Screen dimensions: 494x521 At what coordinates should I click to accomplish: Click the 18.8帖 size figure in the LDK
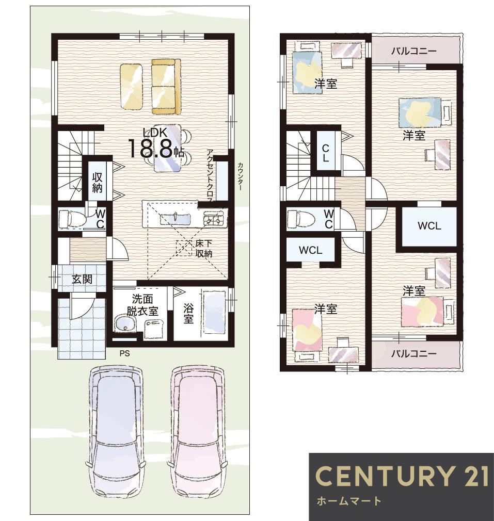(x=155, y=149)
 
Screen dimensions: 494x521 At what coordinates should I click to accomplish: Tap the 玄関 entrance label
(x=82, y=280)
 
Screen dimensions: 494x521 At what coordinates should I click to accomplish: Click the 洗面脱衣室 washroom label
(x=142, y=305)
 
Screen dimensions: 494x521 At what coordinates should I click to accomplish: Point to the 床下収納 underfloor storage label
(x=204, y=248)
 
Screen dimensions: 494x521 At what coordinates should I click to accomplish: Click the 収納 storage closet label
(x=97, y=182)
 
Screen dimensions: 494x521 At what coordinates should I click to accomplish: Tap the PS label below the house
(x=125, y=353)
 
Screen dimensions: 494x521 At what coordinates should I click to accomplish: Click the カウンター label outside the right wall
(x=240, y=176)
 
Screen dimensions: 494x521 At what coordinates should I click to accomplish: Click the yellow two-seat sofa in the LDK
(x=166, y=87)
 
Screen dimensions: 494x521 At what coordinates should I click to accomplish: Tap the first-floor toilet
(x=72, y=219)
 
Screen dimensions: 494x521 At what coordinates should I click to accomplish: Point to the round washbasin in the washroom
(x=125, y=323)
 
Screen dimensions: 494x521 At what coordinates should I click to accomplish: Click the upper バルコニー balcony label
(x=414, y=51)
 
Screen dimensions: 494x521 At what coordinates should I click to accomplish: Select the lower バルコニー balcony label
(x=414, y=353)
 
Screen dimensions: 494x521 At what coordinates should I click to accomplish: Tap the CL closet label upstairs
(x=325, y=153)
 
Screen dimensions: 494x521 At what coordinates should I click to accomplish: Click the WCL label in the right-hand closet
(x=429, y=226)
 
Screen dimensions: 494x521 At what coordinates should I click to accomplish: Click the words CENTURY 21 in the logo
(x=402, y=476)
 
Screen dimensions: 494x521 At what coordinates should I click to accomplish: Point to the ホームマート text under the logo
(x=349, y=501)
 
